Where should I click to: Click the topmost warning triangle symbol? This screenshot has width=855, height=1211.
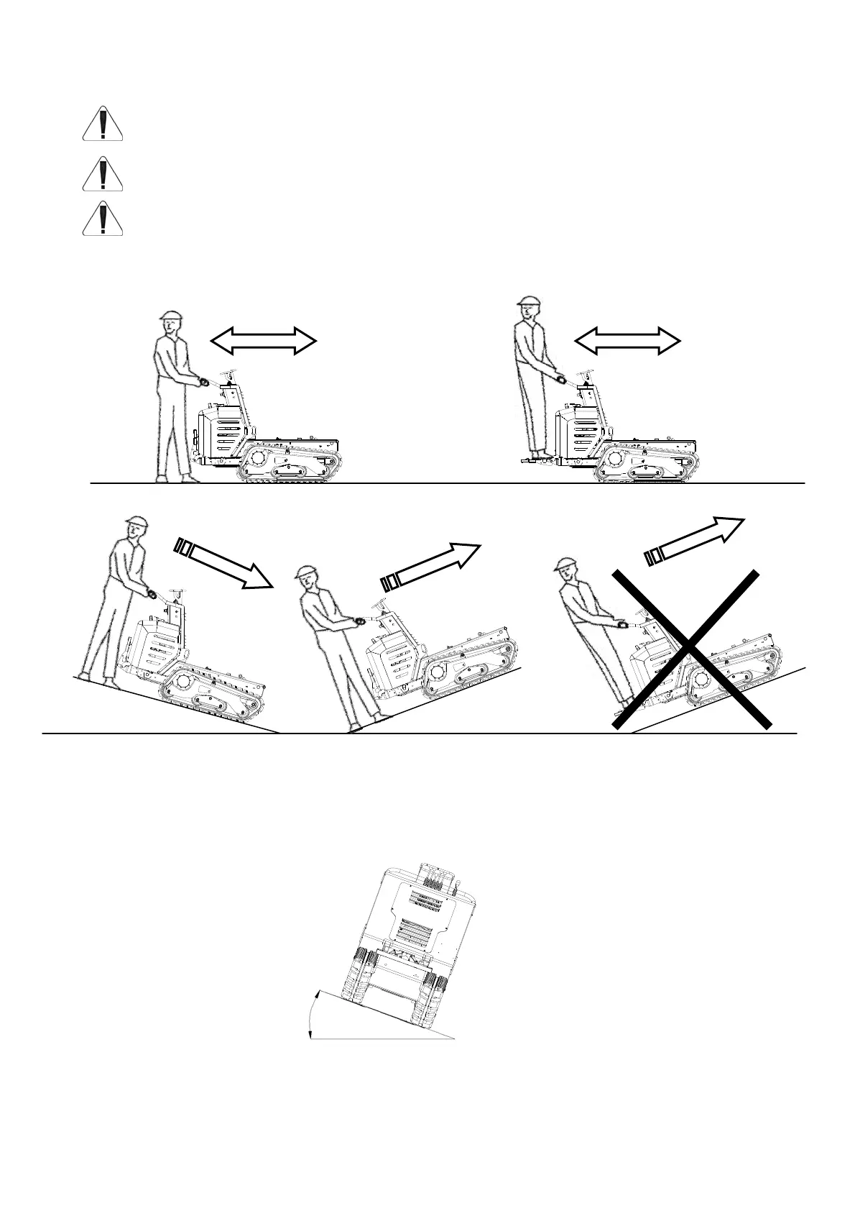coord(103,124)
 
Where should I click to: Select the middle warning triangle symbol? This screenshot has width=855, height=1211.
coord(103,174)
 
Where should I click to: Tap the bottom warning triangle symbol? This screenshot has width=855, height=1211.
coord(103,219)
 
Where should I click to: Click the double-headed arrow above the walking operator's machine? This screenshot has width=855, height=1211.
coord(263,339)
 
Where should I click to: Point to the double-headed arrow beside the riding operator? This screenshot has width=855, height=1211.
coord(627,339)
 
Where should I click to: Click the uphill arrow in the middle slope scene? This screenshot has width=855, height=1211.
coord(430,566)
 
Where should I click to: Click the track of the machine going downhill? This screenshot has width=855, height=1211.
coord(212,697)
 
